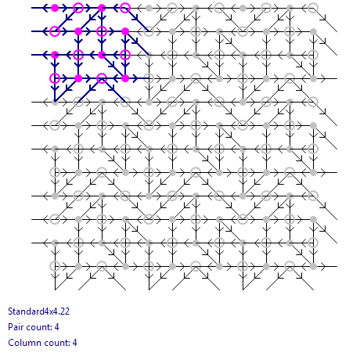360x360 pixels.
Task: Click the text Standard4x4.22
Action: click(38, 311)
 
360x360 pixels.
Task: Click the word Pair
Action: click(16, 327)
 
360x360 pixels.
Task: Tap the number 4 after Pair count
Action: click(57, 327)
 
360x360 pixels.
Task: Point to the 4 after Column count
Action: click(75, 343)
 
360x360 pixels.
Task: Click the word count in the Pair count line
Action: click(38, 327)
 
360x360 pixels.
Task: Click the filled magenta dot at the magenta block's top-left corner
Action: click(55, 8)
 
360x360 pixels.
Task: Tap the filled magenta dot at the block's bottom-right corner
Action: click(125, 78)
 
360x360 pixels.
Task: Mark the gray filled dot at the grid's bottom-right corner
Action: click(313, 266)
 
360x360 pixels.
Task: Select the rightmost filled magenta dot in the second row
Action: click(125, 31)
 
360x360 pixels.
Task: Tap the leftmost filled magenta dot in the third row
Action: click(55, 55)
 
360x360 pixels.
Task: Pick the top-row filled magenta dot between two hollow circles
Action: click(102, 8)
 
